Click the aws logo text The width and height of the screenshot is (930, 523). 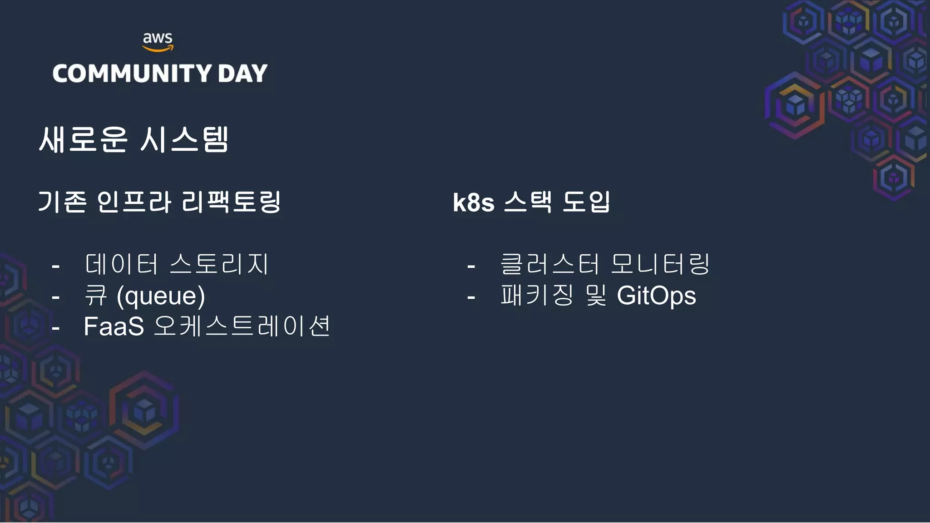pos(158,38)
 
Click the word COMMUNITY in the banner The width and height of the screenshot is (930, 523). pos(132,74)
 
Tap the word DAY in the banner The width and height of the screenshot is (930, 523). pos(242,74)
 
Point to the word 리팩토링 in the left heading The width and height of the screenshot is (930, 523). pos(231,202)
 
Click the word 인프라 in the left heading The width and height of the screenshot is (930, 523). pos(134,202)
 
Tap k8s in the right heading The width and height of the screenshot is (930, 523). pos(474,202)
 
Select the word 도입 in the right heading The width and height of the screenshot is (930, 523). pos(586,202)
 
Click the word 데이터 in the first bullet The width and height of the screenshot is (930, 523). pos(121,264)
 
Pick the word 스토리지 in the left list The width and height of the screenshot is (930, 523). pos(219,264)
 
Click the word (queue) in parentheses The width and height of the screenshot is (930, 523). pos(161,296)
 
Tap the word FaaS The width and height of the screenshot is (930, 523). pos(114,326)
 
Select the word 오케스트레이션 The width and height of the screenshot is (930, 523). pos(242,326)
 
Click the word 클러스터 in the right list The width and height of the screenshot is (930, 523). pos(549,264)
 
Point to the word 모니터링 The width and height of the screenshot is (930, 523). pos(660,264)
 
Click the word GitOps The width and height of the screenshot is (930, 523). pos(656,296)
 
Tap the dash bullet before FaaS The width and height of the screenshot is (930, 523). pos(56,328)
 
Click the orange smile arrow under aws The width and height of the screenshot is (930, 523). pos(158,49)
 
